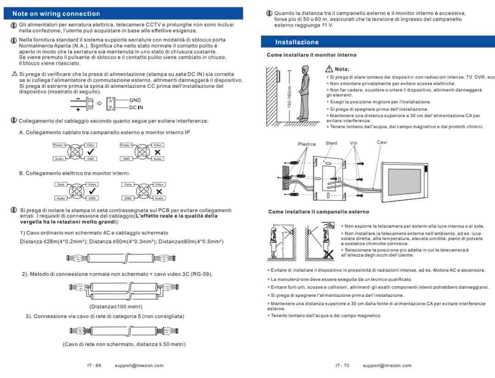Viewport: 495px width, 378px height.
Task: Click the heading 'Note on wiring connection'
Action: (56, 14)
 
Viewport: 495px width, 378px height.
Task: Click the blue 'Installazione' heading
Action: (297, 42)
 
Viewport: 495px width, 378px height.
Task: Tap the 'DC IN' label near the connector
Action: (136, 107)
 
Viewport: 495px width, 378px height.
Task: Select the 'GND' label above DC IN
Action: (135, 100)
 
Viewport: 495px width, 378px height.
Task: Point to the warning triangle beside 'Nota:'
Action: (329, 69)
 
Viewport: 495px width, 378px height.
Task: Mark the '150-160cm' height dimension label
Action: (289, 97)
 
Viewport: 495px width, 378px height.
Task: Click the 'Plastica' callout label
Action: (307, 144)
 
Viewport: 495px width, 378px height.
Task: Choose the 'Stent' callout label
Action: (331, 143)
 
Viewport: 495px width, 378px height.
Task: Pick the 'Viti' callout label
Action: (354, 143)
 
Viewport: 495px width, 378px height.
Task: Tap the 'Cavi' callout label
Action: (382, 142)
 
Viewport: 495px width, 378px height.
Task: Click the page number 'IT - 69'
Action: (94, 366)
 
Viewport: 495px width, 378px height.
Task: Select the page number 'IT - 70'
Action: (342, 366)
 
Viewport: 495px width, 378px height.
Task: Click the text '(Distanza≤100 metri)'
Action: (115, 307)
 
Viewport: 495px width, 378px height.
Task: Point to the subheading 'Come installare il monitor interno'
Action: (311, 55)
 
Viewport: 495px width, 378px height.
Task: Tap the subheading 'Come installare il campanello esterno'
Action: (318, 212)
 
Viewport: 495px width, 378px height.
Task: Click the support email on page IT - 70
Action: (387, 366)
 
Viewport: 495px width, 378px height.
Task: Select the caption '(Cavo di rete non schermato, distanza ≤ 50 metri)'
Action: (124, 344)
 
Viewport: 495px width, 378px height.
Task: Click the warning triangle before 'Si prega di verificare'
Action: (14, 74)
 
